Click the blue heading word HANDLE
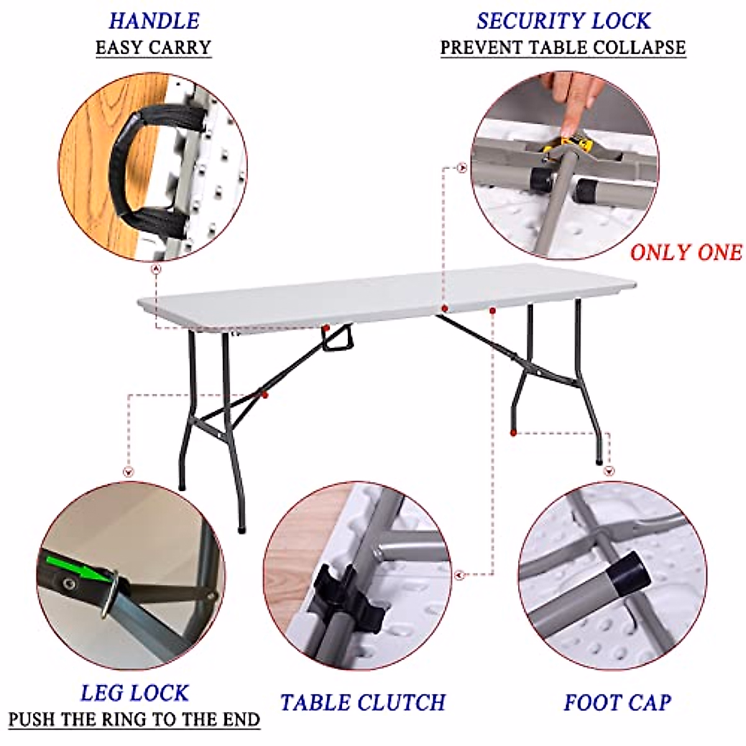pyautogui.click(x=154, y=21)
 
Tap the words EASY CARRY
pyautogui.click(x=153, y=48)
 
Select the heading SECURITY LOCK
pyautogui.click(x=563, y=21)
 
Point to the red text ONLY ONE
pyautogui.click(x=686, y=252)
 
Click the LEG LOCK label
pyautogui.click(x=134, y=693)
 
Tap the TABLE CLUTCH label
pyautogui.click(x=362, y=702)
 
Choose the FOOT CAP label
pyautogui.click(x=617, y=702)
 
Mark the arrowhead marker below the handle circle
pyautogui.click(x=155, y=269)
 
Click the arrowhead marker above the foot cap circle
pyautogui.click(x=608, y=471)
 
